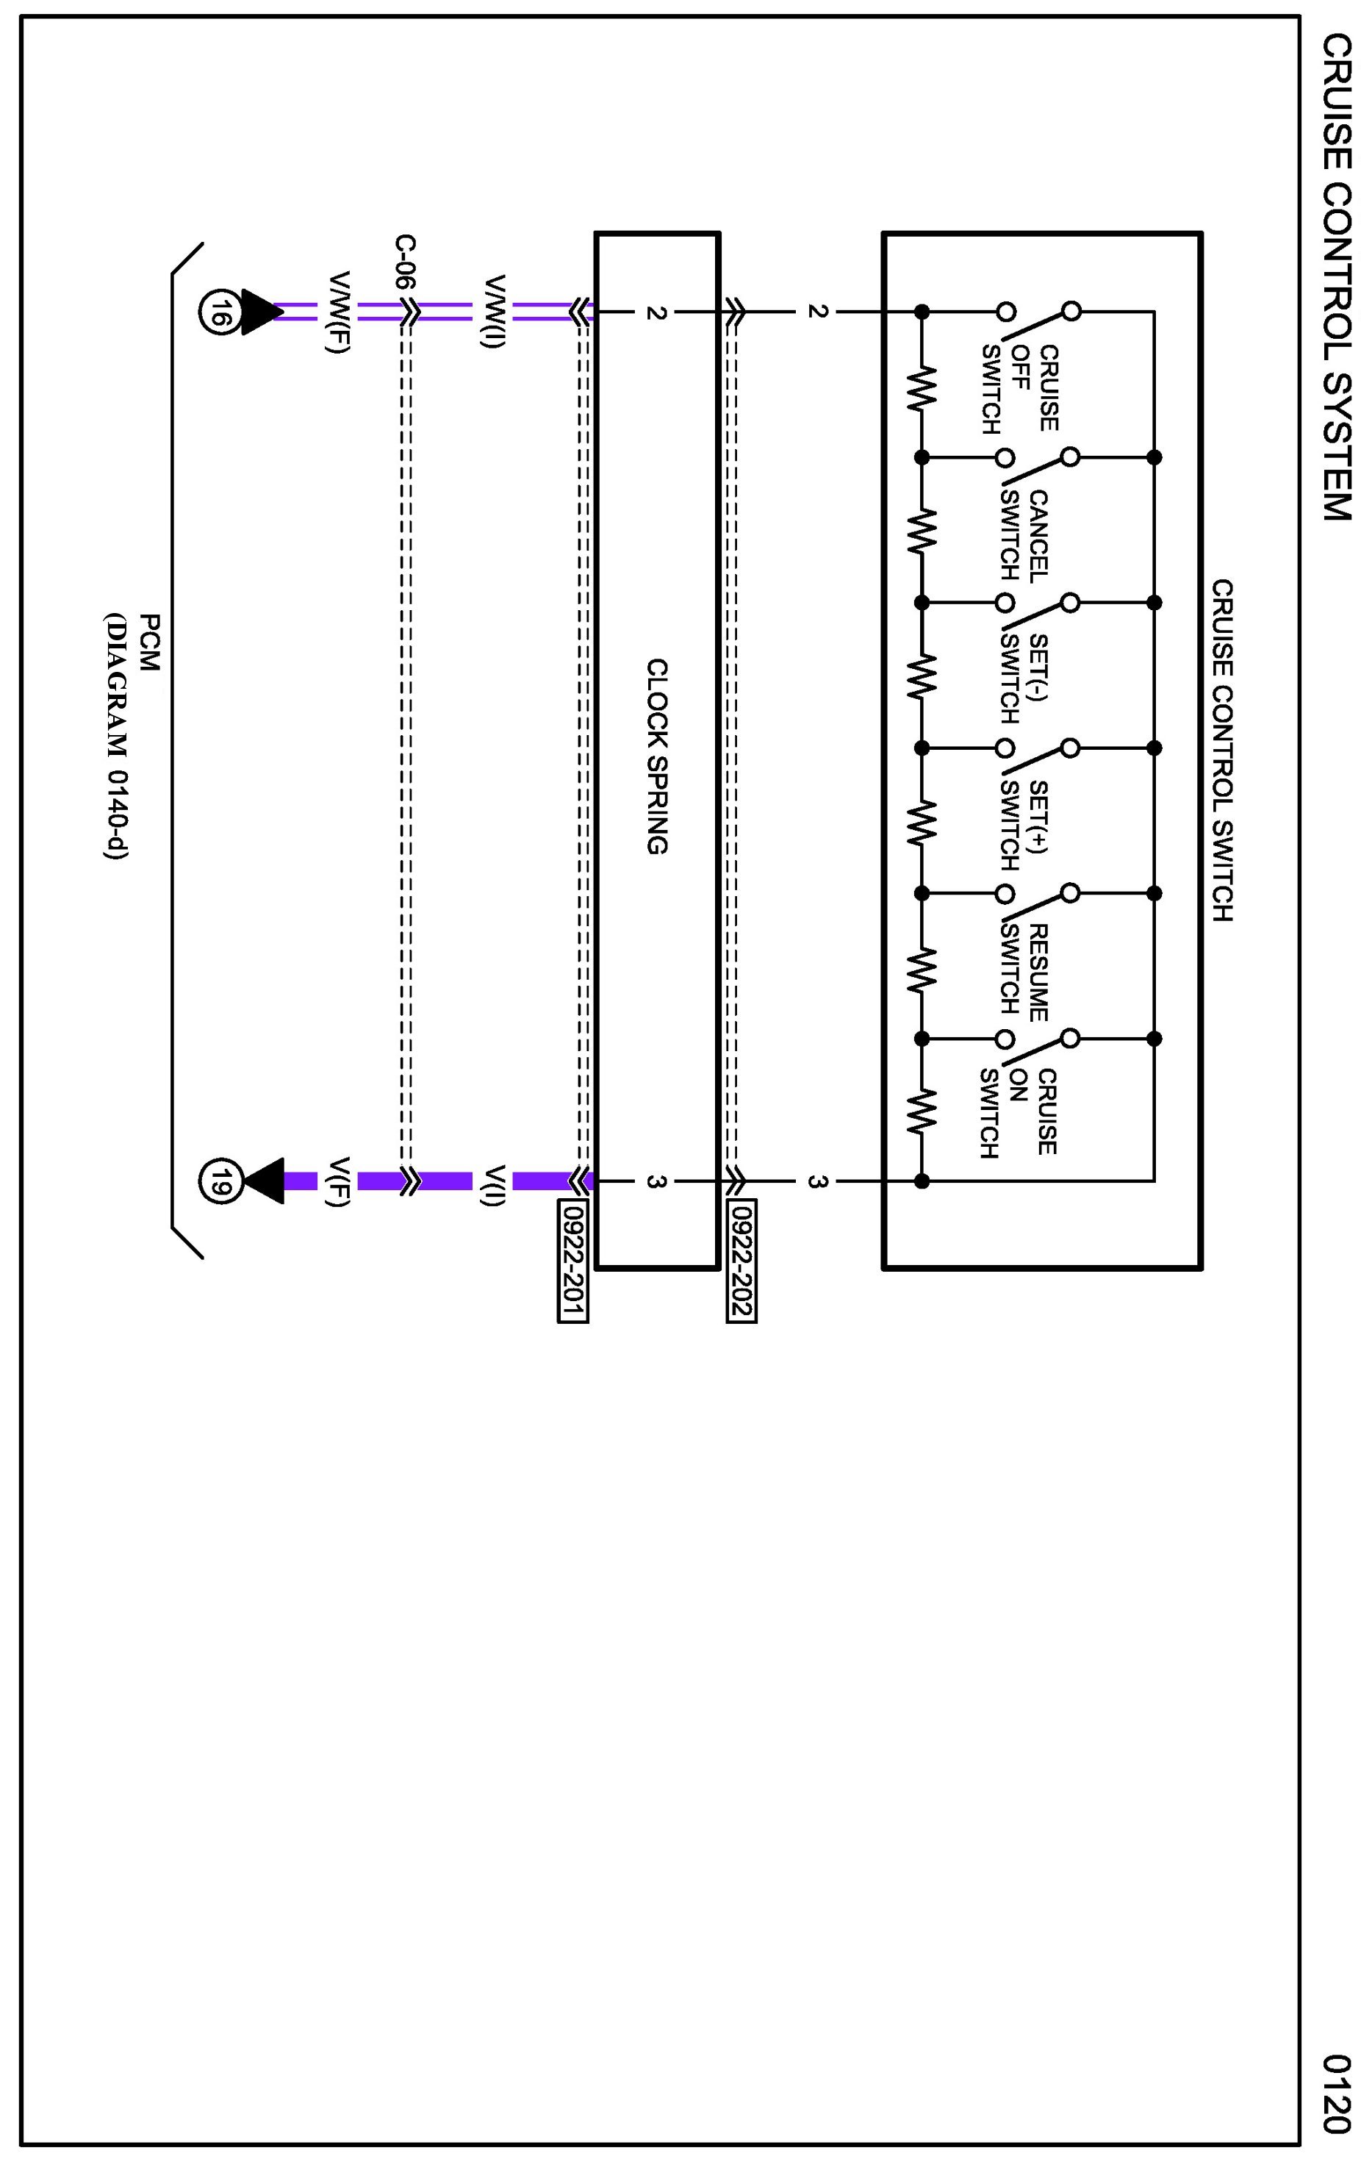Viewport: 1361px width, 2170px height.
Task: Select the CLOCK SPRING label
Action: pos(657,756)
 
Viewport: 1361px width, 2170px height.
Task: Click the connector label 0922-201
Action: pos(573,1260)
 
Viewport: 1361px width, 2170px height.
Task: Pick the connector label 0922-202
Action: pos(741,1260)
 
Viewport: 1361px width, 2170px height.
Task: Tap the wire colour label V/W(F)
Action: pos(337,312)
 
